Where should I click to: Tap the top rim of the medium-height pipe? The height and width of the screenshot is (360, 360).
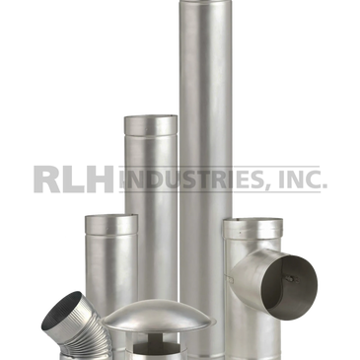[150, 115]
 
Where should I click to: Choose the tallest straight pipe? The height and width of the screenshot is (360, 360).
[205, 148]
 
